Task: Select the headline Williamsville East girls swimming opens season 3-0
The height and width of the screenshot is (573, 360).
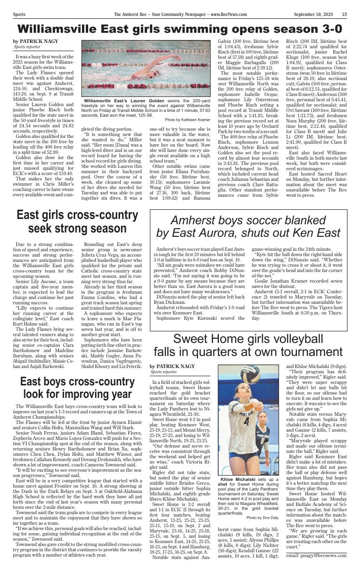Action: [x=180, y=28]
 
